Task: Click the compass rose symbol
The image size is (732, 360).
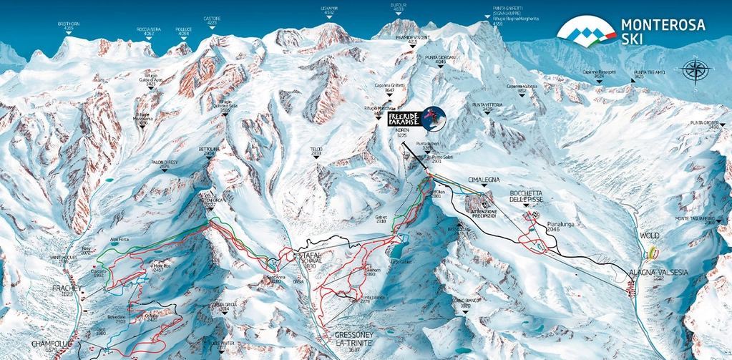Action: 693,72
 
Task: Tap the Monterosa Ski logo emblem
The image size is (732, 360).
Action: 586,30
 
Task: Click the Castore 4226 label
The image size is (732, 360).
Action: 211,21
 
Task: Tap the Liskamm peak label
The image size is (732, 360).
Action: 328,10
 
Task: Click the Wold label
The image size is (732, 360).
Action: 651,235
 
